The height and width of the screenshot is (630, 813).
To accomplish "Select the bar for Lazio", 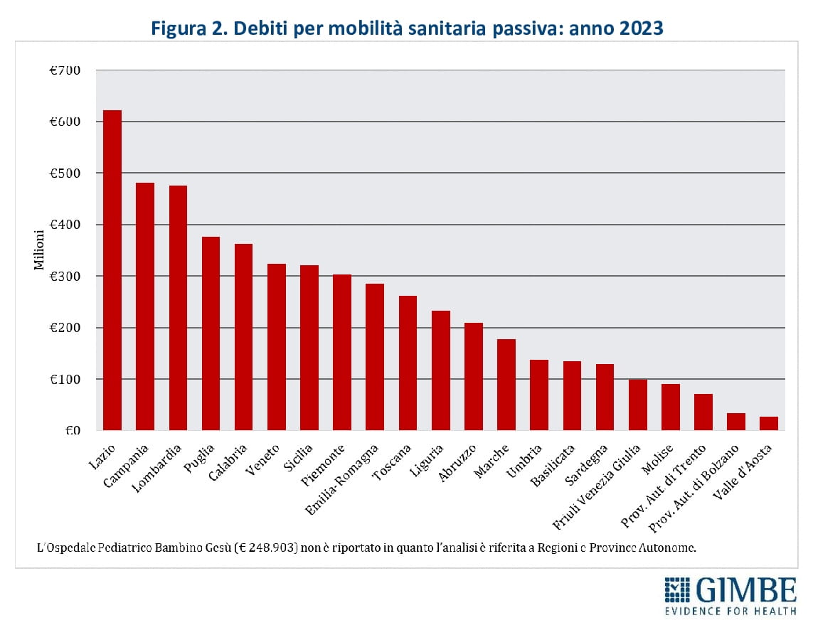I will (x=112, y=270).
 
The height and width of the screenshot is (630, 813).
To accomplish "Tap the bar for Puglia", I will (x=211, y=333).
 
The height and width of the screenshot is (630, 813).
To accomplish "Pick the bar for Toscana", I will (x=408, y=363).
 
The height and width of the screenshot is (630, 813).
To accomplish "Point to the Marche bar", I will (x=506, y=385).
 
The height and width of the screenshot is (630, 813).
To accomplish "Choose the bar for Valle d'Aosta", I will (x=768, y=423).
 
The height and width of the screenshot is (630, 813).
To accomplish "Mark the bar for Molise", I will (x=670, y=407).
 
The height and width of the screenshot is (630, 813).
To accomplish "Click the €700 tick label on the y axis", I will (x=65, y=70).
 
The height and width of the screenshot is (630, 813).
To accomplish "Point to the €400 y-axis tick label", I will (x=65, y=225).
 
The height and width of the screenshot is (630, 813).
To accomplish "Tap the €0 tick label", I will (x=71, y=430).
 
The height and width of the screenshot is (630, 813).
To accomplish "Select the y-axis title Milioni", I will (x=40, y=250).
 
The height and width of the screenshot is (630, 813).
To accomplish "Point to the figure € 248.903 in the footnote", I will (x=265, y=549).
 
